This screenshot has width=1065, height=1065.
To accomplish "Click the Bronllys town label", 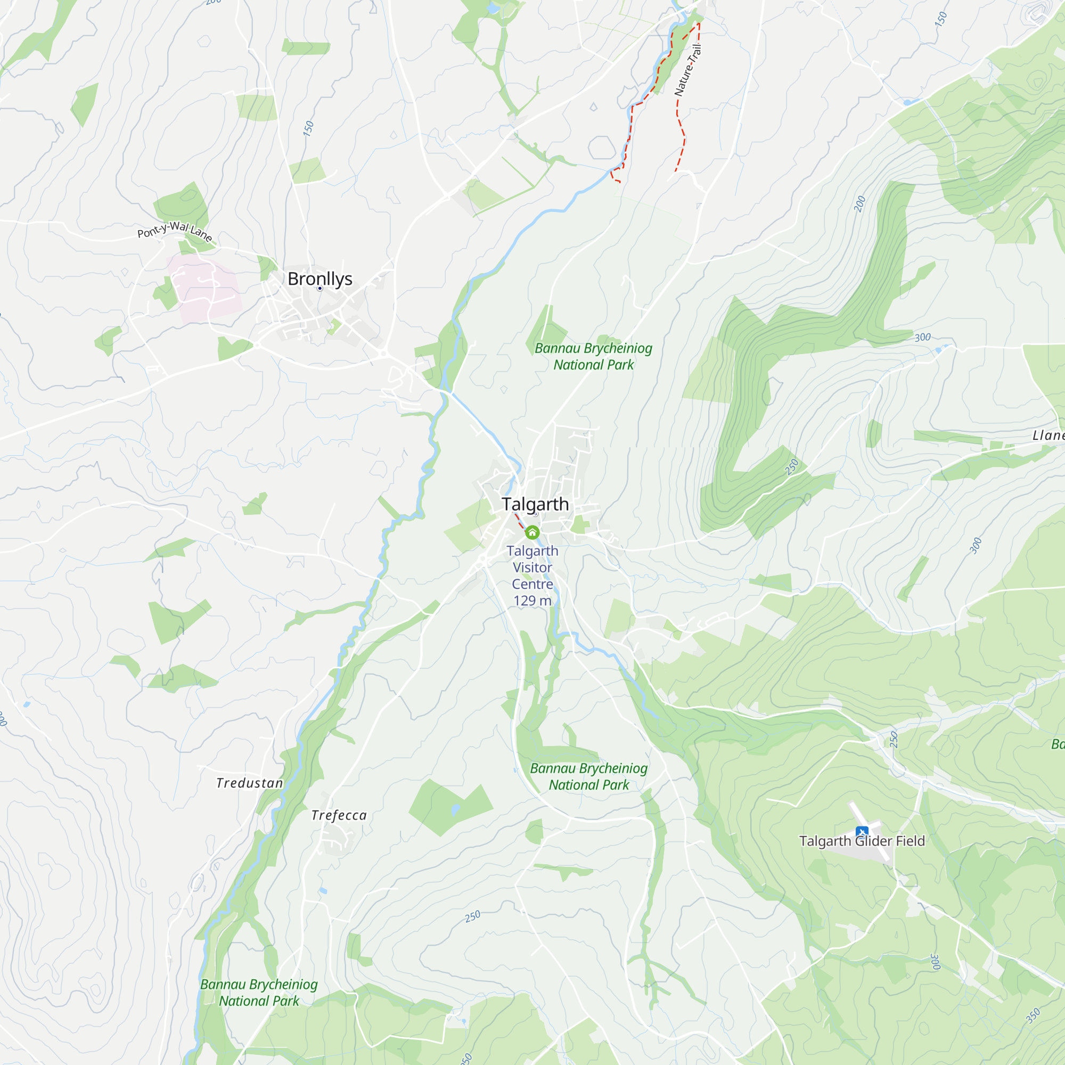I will point(319,279).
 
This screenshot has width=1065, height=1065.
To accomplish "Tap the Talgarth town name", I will point(535,504).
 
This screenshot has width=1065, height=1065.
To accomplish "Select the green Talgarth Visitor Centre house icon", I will point(532,532).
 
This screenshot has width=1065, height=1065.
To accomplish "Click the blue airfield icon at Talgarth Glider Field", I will point(862,832).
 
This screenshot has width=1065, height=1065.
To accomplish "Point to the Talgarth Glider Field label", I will point(862,841).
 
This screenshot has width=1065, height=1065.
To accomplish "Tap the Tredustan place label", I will point(250,783).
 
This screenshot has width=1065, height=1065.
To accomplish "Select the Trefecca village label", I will point(339,815).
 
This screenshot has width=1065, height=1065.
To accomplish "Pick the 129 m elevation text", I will point(532,601).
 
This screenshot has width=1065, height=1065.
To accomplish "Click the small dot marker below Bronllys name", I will point(319,288).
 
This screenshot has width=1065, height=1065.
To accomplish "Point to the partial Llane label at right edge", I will point(1048,436).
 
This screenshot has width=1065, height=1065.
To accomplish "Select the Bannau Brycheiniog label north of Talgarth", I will point(593,356).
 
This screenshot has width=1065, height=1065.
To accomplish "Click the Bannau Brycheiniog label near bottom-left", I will point(259,992).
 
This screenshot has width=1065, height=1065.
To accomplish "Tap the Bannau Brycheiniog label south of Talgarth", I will point(589,776).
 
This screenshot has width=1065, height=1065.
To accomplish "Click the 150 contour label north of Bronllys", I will point(308,128).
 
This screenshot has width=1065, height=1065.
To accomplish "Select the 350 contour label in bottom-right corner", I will point(1033,1015).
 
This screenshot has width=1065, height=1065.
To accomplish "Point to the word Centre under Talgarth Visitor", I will point(532,584).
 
